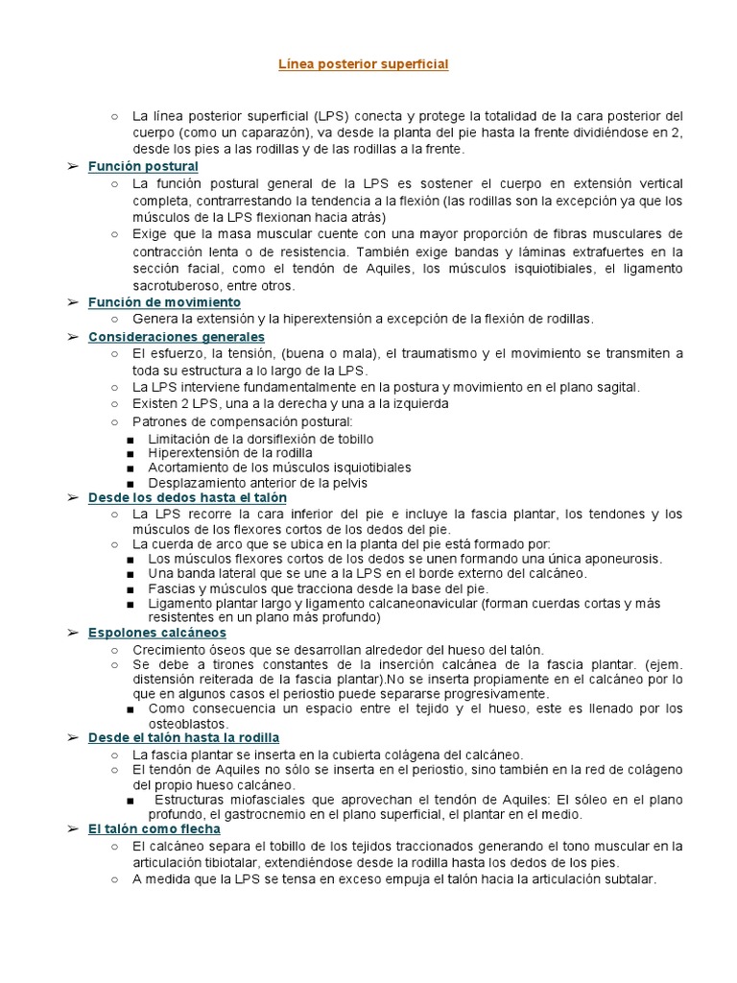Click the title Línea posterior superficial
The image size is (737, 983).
(363, 64)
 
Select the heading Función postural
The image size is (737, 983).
(143, 166)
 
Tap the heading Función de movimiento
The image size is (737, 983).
(164, 302)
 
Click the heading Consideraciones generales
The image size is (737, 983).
(177, 337)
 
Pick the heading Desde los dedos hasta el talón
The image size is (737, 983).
(187, 497)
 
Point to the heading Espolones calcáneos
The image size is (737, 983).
(157, 633)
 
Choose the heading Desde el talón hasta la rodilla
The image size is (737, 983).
(183, 737)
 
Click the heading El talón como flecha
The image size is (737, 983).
(154, 827)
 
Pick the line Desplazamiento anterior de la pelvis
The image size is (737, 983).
(257, 483)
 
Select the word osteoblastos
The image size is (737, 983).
(188, 723)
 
